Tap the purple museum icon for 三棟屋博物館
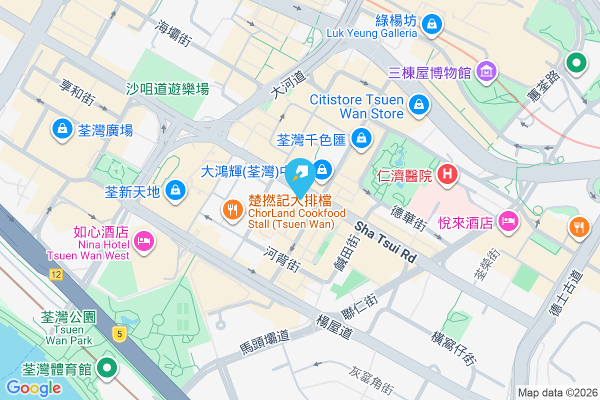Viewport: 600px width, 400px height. pyautogui.click(x=486, y=71)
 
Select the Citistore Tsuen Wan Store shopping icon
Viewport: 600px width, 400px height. pyautogui.click(x=417, y=105)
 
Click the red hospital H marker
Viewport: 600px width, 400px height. pyautogui.click(x=447, y=174)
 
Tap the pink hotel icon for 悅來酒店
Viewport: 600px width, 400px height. pyautogui.click(x=508, y=220)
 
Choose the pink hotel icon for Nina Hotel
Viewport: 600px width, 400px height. pyautogui.click(x=144, y=241)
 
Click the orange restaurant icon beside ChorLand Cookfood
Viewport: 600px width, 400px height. pyautogui.click(x=232, y=209)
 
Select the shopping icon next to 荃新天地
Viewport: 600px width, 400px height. pyautogui.click(x=175, y=190)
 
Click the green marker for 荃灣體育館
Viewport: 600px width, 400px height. pyautogui.click(x=106, y=368)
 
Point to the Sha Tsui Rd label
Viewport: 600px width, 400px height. pyautogui.click(x=385, y=242)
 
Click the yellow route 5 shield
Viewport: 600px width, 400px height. pyautogui.click(x=119, y=333)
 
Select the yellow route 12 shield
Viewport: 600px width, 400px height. pyautogui.click(x=55, y=274)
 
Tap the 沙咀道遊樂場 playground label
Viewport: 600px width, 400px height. pyautogui.click(x=167, y=89)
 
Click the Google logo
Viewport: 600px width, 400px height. pyautogui.click(x=33, y=387)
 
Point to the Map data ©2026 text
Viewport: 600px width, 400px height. pyautogui.click(x=557, y=392)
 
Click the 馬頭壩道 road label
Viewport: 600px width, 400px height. pyautogui.click(x=265, y=342)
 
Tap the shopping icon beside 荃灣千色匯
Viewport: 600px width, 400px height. pyautogui.click(x=360, y=138)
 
